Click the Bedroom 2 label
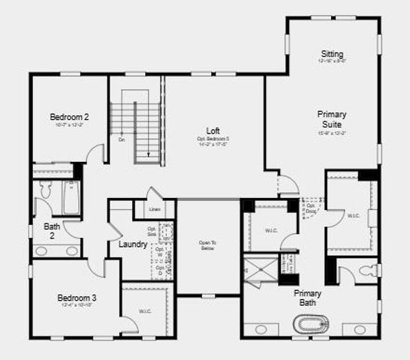[69, 117]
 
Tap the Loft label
[213, 130]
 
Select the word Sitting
[332, 54]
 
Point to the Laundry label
[133, 244]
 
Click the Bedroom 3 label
[77, 298]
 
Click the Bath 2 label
[52, 230]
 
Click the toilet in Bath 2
[43, 193]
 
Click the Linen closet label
[154, 209]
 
